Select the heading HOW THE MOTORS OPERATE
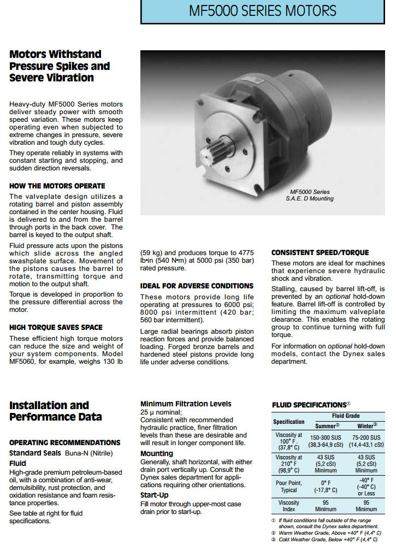pos(57,186)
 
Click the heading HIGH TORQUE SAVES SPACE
pos(56,327)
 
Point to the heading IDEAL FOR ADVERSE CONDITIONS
pos(197,286)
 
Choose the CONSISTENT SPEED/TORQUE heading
pos(320,252)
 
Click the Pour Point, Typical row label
pos(289,486)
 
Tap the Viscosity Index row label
pos(289,505)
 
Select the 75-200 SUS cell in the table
pos(366,438)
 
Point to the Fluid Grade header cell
pos(346,416)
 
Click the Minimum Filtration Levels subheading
pos(186,404)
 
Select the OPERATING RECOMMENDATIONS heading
pos(65,442)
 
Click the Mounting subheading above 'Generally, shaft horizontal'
pos(157,453)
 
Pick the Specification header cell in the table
pos(289,421)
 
